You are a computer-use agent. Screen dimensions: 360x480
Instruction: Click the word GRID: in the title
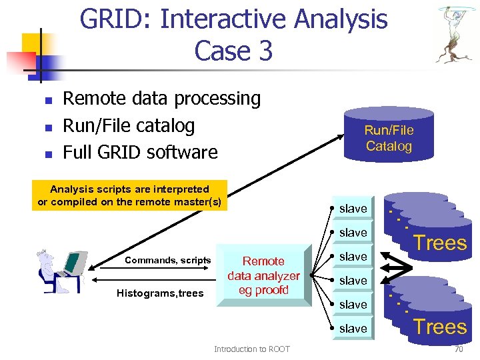116,19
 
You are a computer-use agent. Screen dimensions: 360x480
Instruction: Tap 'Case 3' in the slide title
233,51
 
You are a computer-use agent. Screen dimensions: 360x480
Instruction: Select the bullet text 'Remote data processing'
161,99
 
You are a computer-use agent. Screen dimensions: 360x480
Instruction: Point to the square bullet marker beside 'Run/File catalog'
48,127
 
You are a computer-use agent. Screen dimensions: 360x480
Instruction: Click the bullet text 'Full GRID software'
140,152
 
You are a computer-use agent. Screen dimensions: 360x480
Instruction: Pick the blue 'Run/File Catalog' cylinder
389,137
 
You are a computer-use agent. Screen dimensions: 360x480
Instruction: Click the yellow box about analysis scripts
129,195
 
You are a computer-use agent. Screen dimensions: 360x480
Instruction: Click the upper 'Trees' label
440,243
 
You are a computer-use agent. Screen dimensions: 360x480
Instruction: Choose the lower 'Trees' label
440,327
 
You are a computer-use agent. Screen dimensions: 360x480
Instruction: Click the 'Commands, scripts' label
168,261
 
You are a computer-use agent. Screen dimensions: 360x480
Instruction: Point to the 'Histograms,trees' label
160,293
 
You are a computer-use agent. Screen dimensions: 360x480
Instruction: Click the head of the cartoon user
47,257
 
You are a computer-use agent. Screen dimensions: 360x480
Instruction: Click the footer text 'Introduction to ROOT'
251,349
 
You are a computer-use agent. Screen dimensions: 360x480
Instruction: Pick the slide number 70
458,349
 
